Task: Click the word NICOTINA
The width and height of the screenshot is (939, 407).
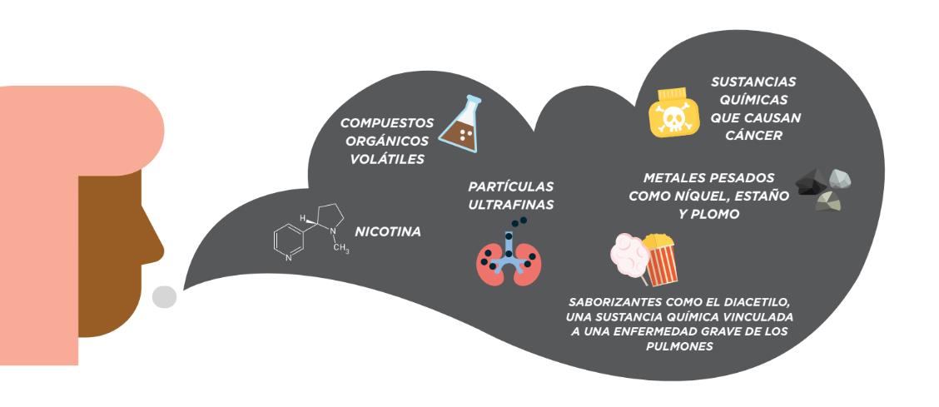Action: point(387,231)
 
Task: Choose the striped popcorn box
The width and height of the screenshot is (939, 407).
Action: point(660,260)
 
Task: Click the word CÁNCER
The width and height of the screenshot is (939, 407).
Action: point(753,136)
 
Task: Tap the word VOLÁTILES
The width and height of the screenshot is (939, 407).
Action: point(386,159)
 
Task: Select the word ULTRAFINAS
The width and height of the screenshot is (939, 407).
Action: point(511,205)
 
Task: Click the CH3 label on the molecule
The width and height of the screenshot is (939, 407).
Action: point(340,248)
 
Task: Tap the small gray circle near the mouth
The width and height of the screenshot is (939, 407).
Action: point(164,297)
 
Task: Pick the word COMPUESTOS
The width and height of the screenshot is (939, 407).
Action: point(387,122)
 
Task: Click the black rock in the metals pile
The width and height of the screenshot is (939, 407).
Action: point(812,182)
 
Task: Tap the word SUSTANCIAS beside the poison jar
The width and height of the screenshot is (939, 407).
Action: point(753,82)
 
